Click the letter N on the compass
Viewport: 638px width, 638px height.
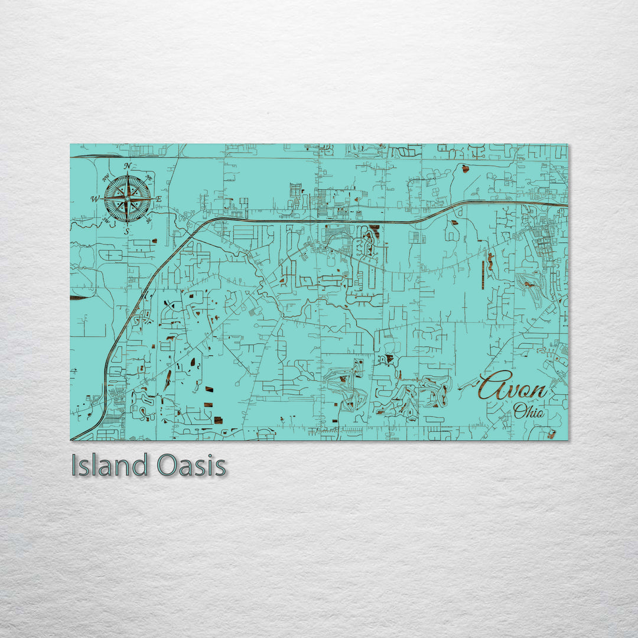tap(128, 166)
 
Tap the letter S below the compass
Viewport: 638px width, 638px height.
tap(126, 232)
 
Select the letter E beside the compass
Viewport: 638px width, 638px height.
tap(158, 200)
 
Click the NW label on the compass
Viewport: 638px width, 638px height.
tap(106, 178)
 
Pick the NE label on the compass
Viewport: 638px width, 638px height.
tap(149, 178)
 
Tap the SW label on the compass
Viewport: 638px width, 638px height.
tap(106, 220)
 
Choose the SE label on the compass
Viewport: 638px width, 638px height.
tap(148, 221)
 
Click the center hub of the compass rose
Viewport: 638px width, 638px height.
tap(127, 199)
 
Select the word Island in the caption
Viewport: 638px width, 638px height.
tap(109, 466)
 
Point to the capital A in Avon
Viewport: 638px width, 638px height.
tap(491, 387)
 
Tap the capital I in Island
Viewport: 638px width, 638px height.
tap(74, 466)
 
